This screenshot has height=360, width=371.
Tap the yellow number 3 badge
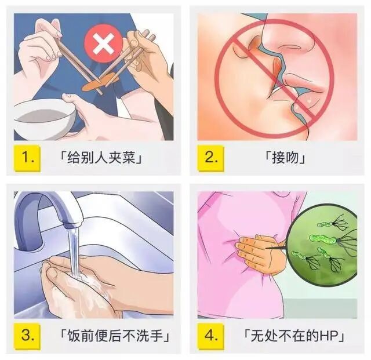[27, 335]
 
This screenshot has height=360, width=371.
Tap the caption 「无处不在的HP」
[293, 336]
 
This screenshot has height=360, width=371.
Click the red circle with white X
[102, 43]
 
